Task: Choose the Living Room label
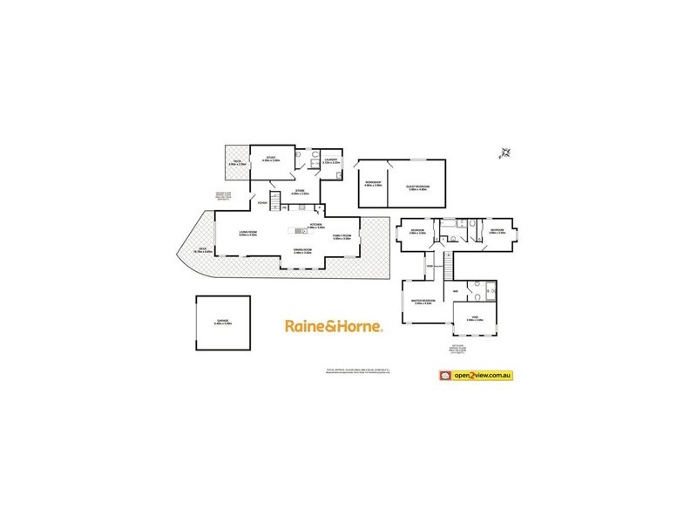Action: click(x=252, y=233)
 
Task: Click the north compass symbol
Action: click(x=504, y=153)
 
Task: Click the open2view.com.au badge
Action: click(x=476, y=375)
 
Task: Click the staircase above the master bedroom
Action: click(x=448, y=261)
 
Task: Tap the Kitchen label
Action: click(x=315, y=225)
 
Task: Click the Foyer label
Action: click(x=262, y=204)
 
